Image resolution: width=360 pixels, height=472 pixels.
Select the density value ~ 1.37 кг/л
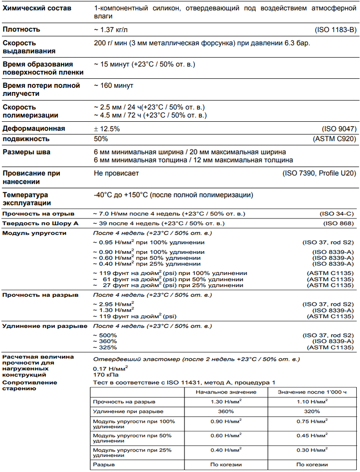tap(111, 30)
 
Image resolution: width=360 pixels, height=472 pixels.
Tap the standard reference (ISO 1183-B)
tap(334, 30)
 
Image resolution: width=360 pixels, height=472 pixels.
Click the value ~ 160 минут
tap(114, 85)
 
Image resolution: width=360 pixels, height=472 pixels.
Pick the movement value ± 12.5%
tap(107, 128)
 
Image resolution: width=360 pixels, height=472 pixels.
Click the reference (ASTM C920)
tap(333, 139)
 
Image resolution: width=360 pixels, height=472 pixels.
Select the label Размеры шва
tap(26, 152)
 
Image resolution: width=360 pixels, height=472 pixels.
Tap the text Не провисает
tap(116, 173)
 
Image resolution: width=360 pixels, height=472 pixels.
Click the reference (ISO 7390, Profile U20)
tap(318, 173)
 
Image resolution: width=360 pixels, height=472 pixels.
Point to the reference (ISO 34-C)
tap(337, 214)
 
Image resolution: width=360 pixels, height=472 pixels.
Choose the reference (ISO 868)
tap(338, 223)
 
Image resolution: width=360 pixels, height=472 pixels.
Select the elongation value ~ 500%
tap(105, 335)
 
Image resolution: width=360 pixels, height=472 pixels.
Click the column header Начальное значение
tap(226, 392)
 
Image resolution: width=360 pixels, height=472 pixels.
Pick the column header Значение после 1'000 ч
tap(312, 392)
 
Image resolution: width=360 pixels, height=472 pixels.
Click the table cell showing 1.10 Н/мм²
tap(312, 402)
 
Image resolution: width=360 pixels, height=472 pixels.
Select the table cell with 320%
tap(312, 411)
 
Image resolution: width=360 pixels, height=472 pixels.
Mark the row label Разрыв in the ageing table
tap(103, 464)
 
